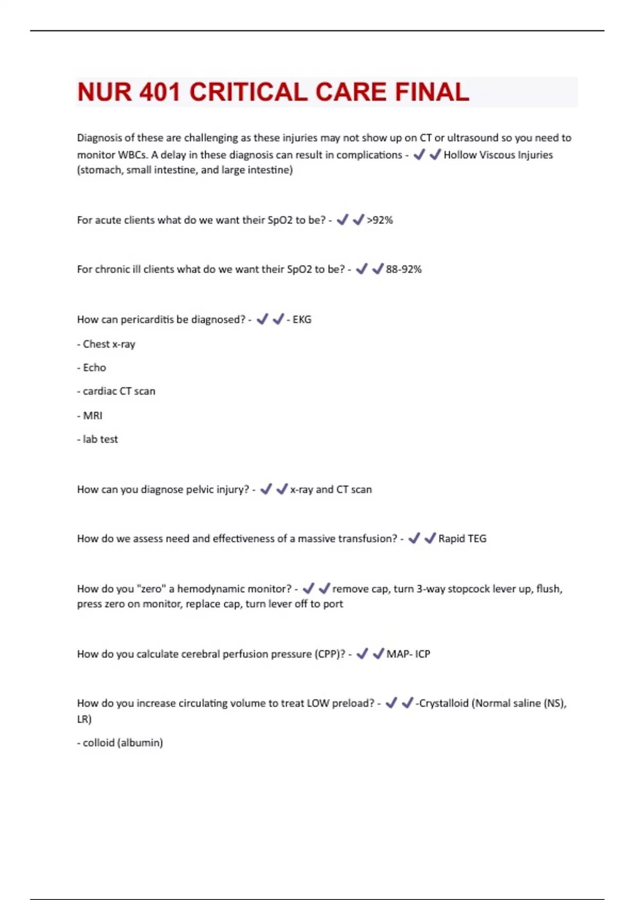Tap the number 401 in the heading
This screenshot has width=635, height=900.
pyautogui.click(x=159, y=92)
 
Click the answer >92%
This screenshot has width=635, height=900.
pyautogui.click(x=380, y=220)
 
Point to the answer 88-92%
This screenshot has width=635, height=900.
pyautogui.click(x=404, y=269)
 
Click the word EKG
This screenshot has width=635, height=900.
pyautogui.click(x=302, y=320)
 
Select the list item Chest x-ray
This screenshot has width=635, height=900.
pyautogui.click(x=108, y=344)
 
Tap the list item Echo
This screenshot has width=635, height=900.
pyautogui.click(x=94, y=368)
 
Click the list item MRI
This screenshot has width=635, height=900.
pyautogui.click(x=93, y=416)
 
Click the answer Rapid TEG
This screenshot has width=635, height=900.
pyautogui.click(x=462, y=539)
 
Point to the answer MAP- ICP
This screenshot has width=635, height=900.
pyautogui.click(x=408, y=654)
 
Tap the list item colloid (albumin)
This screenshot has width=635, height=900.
pyautogui.click(x=122, y=743)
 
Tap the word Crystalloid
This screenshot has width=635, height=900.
pyautogui.click(x=443, y=704)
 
